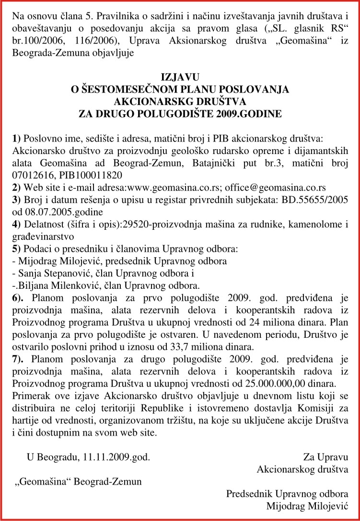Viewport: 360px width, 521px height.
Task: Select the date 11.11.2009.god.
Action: click(117, 456)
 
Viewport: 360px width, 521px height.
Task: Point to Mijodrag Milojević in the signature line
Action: click(307, 506)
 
